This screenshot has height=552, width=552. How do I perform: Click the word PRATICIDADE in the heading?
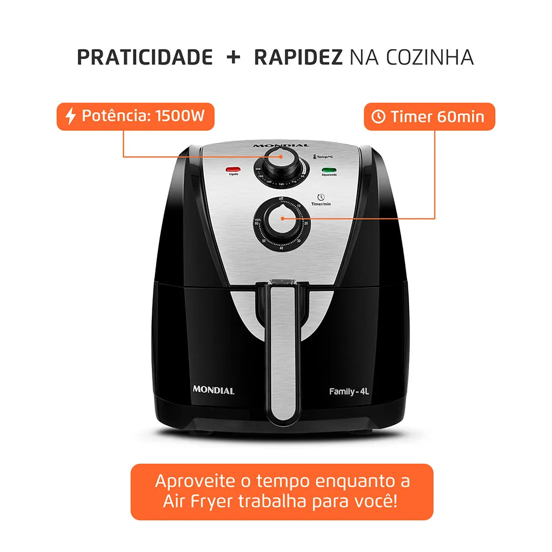(x=145, y=57)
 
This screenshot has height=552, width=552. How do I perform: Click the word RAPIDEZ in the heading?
(x=298, y=57)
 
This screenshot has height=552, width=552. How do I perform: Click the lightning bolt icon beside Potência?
(x=70, y=116)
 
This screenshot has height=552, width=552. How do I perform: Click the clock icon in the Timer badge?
(x=379, y=117)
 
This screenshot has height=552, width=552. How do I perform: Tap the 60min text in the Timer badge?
(x=461, y=117)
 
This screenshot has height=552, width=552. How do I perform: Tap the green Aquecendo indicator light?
(x=330, y=170)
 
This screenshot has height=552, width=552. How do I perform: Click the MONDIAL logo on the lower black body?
(x=213, y=390)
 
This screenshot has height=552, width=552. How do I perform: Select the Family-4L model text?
(x=349, y=391)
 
